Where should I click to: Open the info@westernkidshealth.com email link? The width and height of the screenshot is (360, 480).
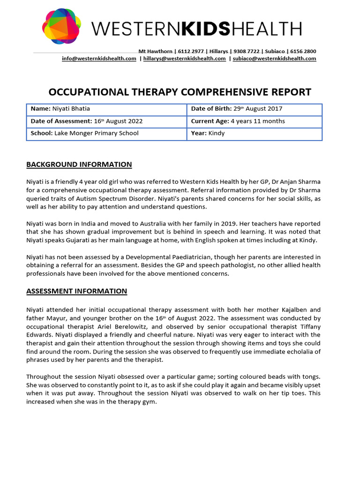(99, 59)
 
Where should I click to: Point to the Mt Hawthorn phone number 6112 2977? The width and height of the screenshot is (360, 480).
(190, 51)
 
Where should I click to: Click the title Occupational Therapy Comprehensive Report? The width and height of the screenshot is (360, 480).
(180, 92)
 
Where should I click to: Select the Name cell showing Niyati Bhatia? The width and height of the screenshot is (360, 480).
(107, 109)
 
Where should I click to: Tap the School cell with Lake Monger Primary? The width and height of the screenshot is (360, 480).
(107, 134)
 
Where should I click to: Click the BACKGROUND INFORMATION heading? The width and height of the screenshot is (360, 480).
(79, 165)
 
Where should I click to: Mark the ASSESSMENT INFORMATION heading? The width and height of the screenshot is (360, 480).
(76, 291)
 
